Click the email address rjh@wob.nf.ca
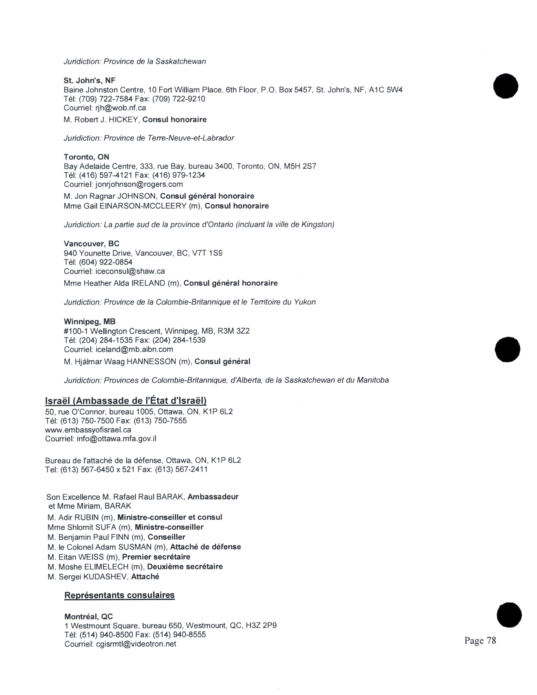121,108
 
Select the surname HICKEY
124,120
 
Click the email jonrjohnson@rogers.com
139,184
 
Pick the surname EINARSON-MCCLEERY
143,206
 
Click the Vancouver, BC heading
91,244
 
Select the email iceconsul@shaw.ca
130,271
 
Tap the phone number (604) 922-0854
106,262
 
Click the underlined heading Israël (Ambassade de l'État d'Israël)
126,401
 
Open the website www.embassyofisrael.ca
88,430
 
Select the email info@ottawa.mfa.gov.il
116,439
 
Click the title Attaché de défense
206,547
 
